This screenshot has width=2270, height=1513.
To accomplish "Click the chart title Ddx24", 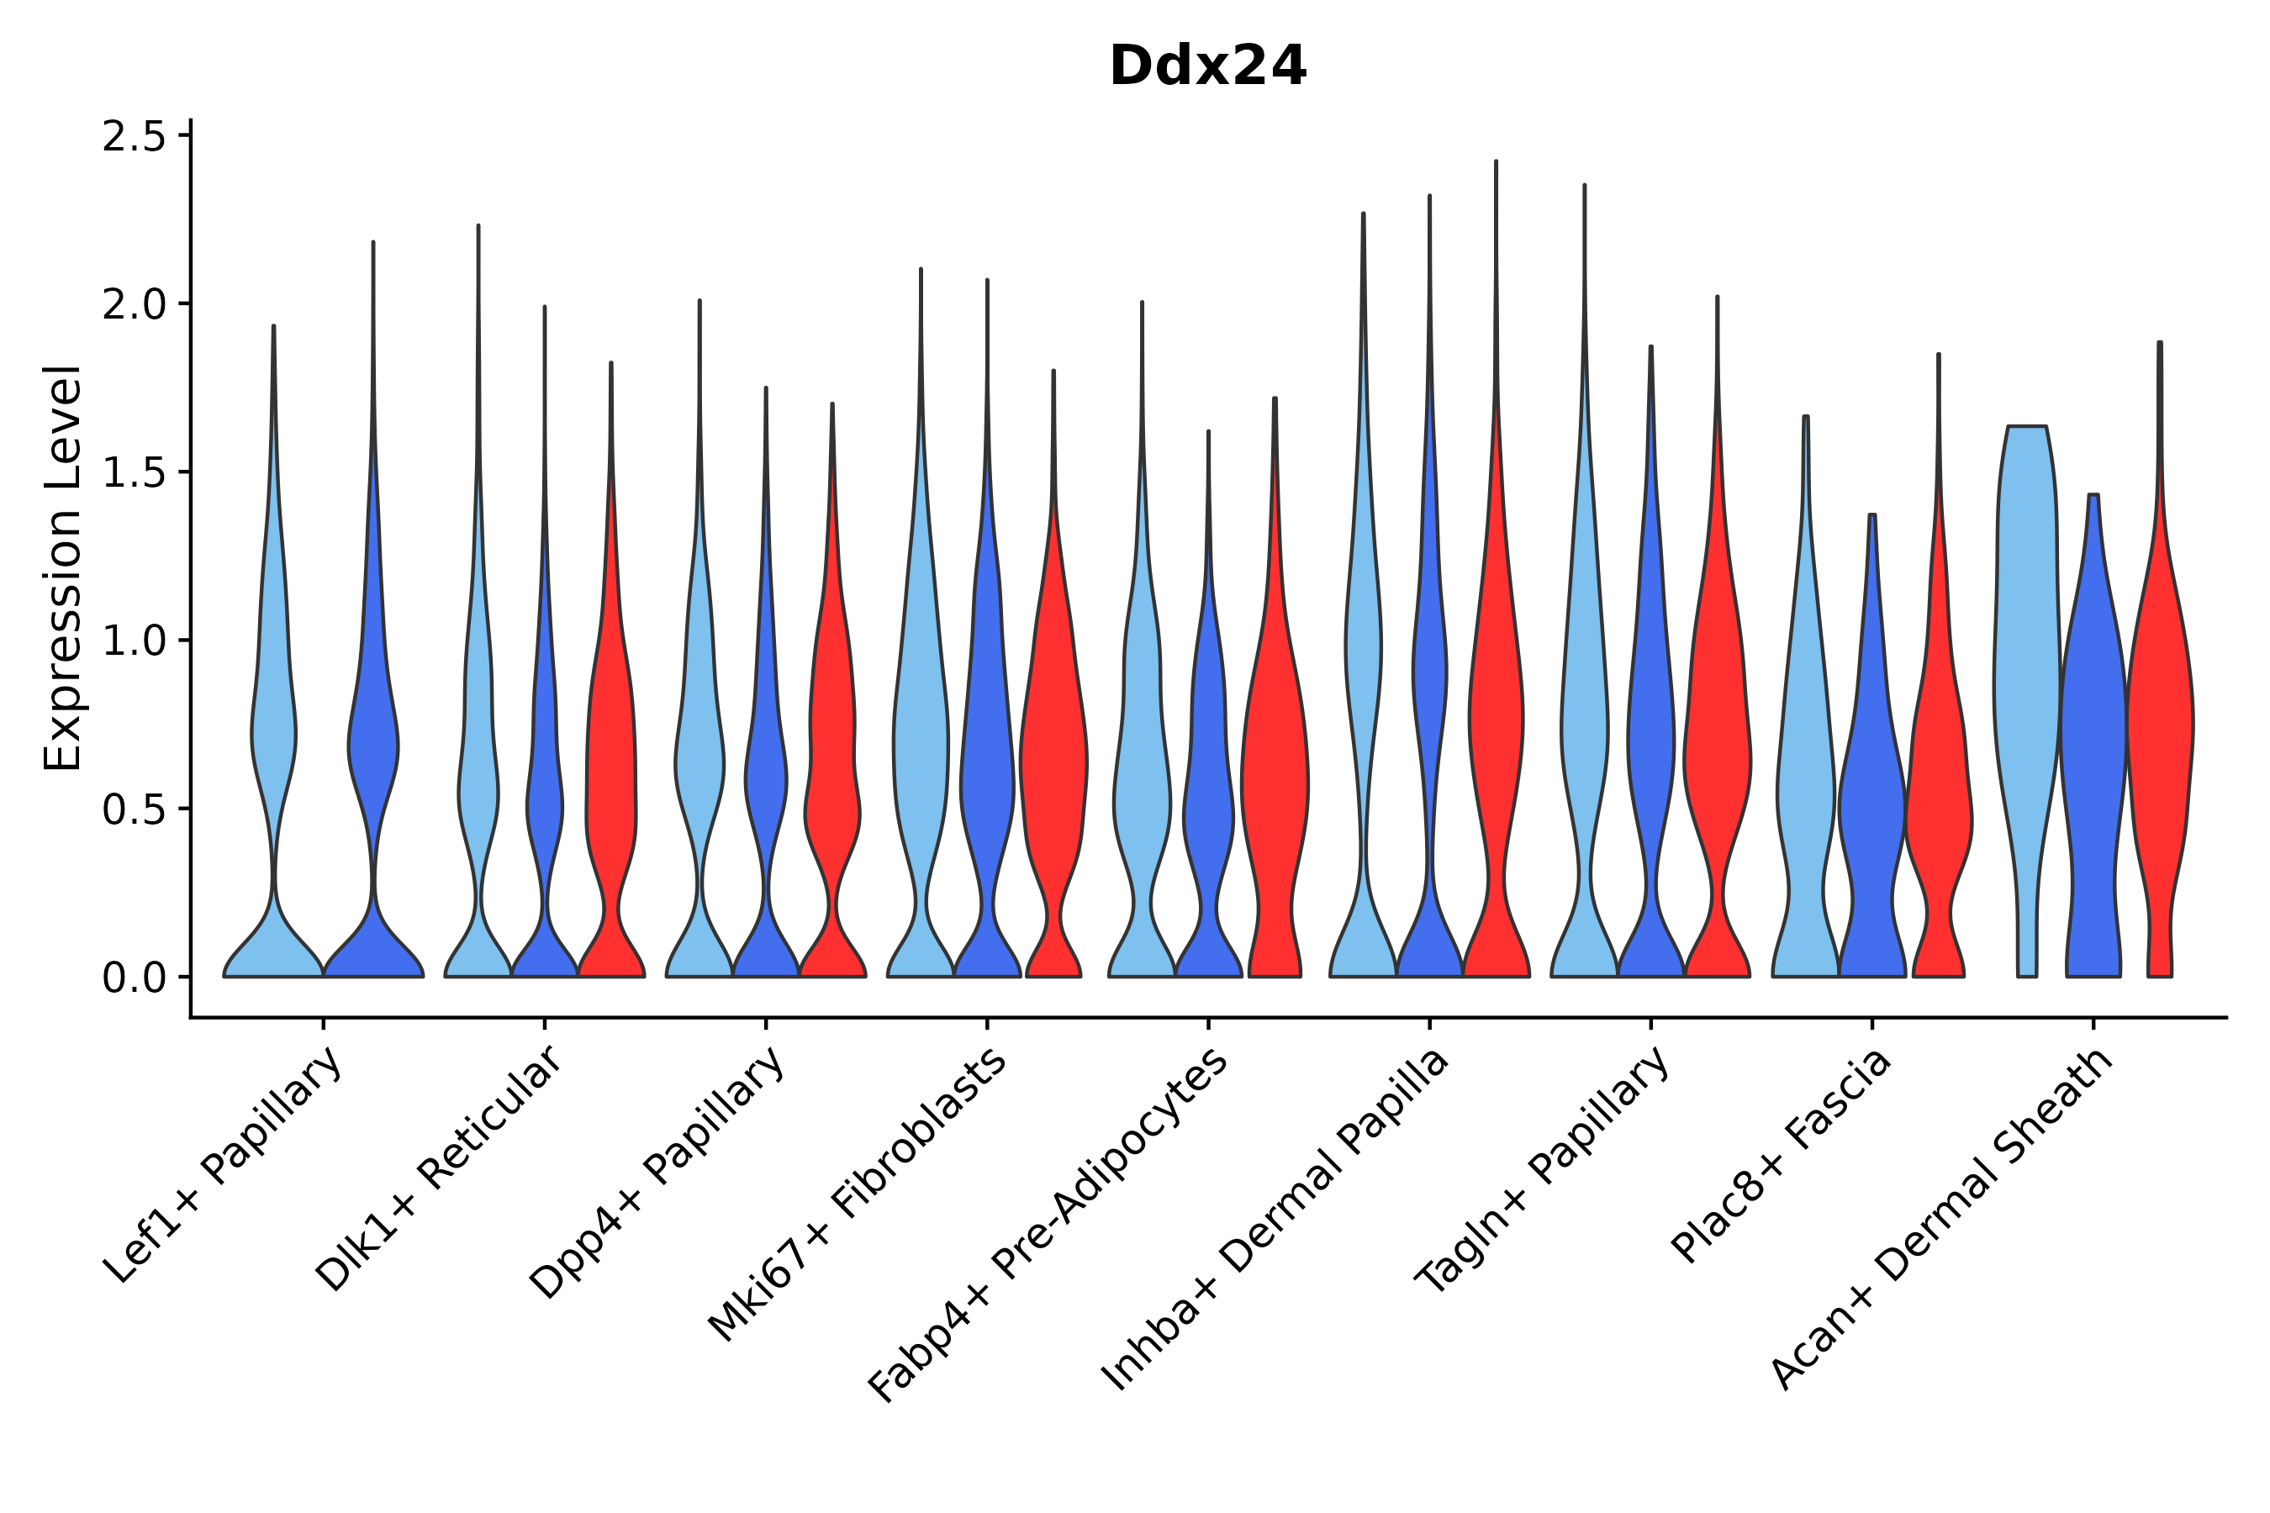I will click(x=1207, y=66).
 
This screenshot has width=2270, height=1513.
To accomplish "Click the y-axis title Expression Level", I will click(x=64, y=567).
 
